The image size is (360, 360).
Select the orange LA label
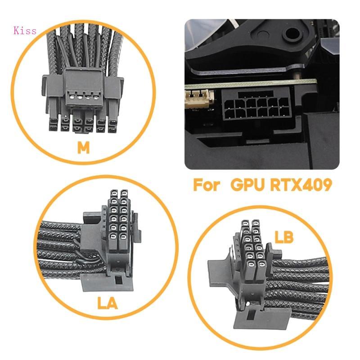(107, 303)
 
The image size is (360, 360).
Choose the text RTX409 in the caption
(302, 185)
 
